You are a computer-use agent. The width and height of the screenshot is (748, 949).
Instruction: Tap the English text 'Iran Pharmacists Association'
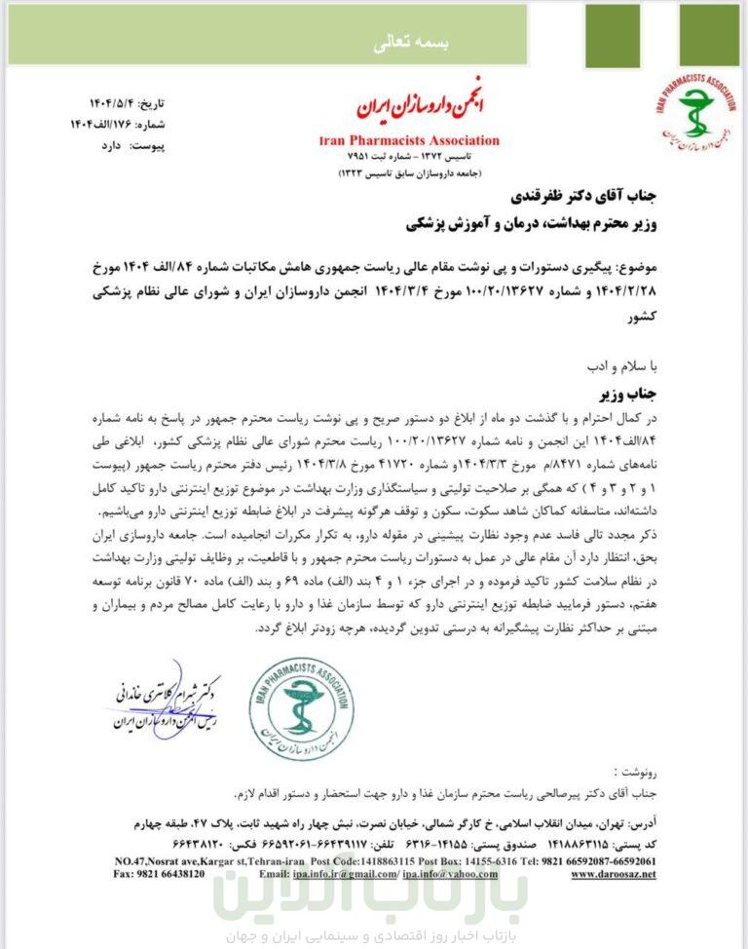pyautogui.click(x=410, y=140)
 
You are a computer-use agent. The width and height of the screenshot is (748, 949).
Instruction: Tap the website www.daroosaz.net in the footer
pyautogui.click(x=613, y=874)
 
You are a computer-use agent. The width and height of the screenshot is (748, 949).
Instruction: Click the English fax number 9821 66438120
pyautogui.click(x=159, y=874)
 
